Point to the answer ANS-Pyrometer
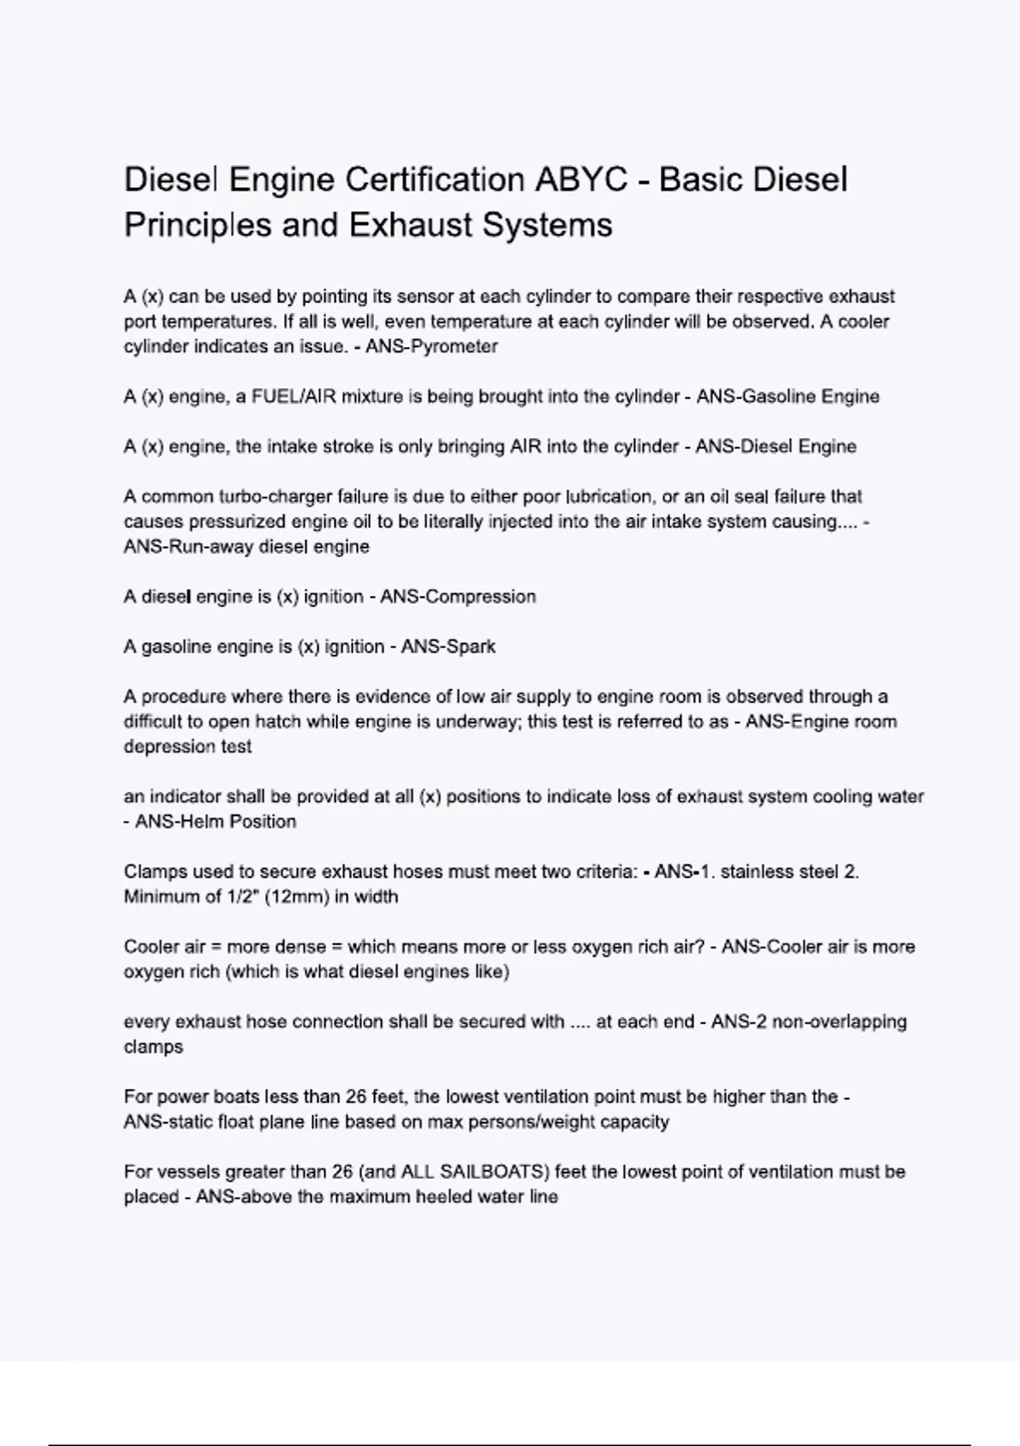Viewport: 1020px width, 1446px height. point(432,347)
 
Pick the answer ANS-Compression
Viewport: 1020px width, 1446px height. point(458,597)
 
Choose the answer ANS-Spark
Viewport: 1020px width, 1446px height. point(448,647)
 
